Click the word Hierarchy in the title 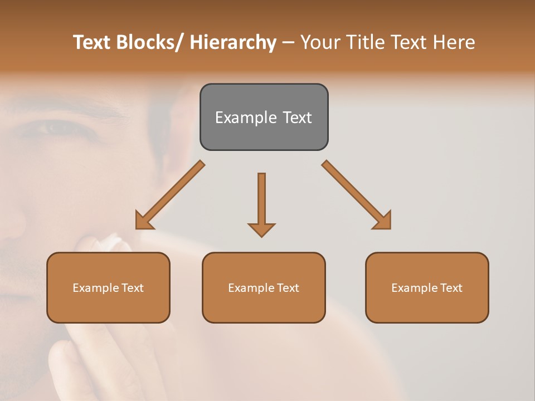232,42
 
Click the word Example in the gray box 246,118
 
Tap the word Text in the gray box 297,118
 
